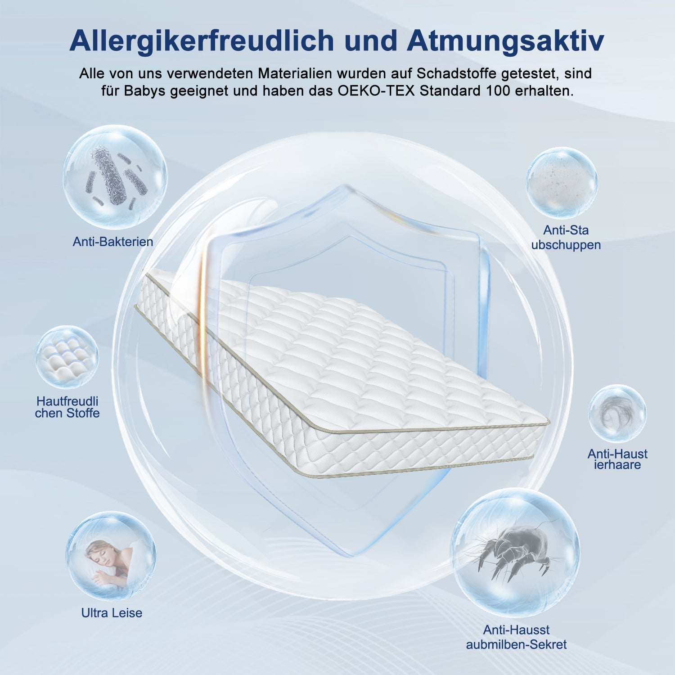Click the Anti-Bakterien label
pyautogui.click(x=113, y=242)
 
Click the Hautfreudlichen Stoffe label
pyautogui.click(x=67, y=407)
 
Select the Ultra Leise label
pyautogui.click(x=112, y=612)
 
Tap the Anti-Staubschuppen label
pyautogui.click(x=566, y=238)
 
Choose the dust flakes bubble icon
pyautogui.click(x=562, y=183)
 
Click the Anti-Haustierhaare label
pyautogui.click(x=617, y=459)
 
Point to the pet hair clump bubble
pyautogui.click(x=617, y=413)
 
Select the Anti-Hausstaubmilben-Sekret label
pyautogui.click(x=516, y=637)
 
